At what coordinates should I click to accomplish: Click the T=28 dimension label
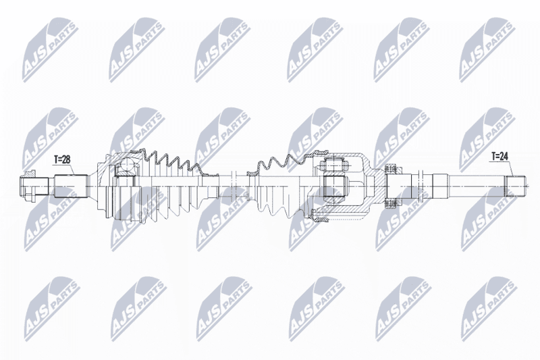pyautogui.click(x=62, y=159)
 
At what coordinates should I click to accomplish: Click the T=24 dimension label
pyautogui.click(x=500, y=157)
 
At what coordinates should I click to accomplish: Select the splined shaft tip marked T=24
pyautogui.click(x=515, y=186)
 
